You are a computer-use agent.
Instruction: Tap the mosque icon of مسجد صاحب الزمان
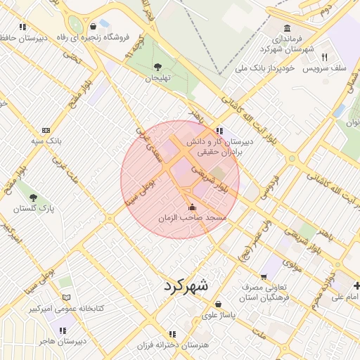(193, 207)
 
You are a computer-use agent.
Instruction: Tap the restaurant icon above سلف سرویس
(324, 58)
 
